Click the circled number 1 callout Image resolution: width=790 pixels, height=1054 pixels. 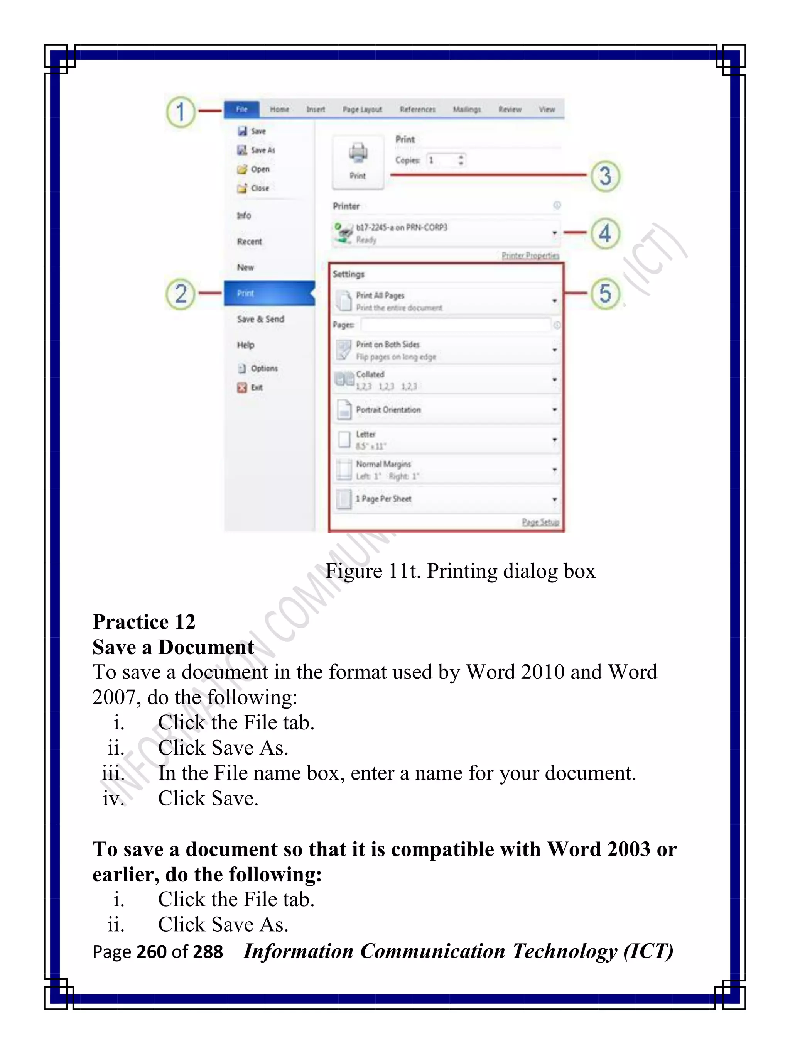[181, 112]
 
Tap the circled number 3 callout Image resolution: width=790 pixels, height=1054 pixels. [605, 176]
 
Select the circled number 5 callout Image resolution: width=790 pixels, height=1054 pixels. [605, 293]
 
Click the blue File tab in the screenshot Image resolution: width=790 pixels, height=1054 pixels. [241, 109]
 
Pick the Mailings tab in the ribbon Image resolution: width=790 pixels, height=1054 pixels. [466, 109]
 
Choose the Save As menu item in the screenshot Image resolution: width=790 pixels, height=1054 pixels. [262, 150]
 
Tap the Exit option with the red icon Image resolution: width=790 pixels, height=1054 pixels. [256, 387]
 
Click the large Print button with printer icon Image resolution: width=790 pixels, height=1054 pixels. [358, 162]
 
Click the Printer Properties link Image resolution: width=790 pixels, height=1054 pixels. [530, 255]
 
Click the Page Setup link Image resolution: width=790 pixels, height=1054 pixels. [540, 522]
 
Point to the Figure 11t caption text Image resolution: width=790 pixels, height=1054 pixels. [460, 571]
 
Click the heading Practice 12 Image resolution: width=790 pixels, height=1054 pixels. [144, 622]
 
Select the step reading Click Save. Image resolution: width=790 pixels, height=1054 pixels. [208, 798]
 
